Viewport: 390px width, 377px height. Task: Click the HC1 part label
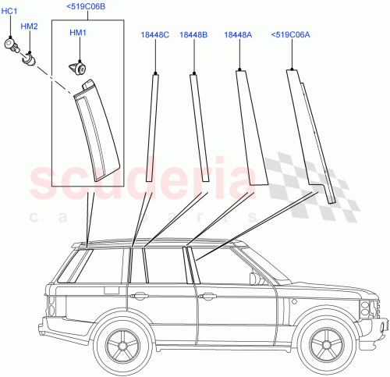point(10,11)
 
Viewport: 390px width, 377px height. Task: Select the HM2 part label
point(30,27)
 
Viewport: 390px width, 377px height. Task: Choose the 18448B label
point(193,34)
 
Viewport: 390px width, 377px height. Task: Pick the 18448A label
point(237,34)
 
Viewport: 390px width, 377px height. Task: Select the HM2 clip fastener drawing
point(30,57)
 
